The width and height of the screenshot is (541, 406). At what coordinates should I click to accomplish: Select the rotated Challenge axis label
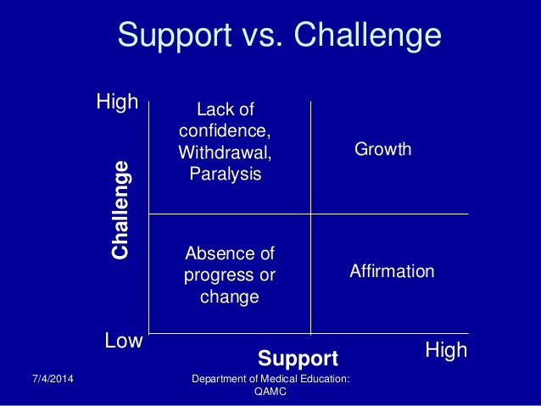coord(121,209)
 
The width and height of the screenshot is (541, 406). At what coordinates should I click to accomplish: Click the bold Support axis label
coord(298,358)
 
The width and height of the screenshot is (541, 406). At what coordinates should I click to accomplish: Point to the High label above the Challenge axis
coord(117,103)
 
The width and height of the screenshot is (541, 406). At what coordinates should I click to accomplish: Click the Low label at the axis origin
coord(123,342)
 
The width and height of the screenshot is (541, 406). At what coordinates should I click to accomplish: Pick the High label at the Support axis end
coord(446,349)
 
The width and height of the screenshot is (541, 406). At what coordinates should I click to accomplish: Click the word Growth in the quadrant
coord(382,150)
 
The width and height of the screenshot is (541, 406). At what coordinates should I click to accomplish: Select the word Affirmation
coord(392,272)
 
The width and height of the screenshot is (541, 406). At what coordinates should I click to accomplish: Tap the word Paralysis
coord(226,174)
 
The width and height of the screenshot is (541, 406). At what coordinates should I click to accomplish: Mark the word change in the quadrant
coord(229,297)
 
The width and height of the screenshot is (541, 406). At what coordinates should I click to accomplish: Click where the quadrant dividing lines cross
coord(311,214)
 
